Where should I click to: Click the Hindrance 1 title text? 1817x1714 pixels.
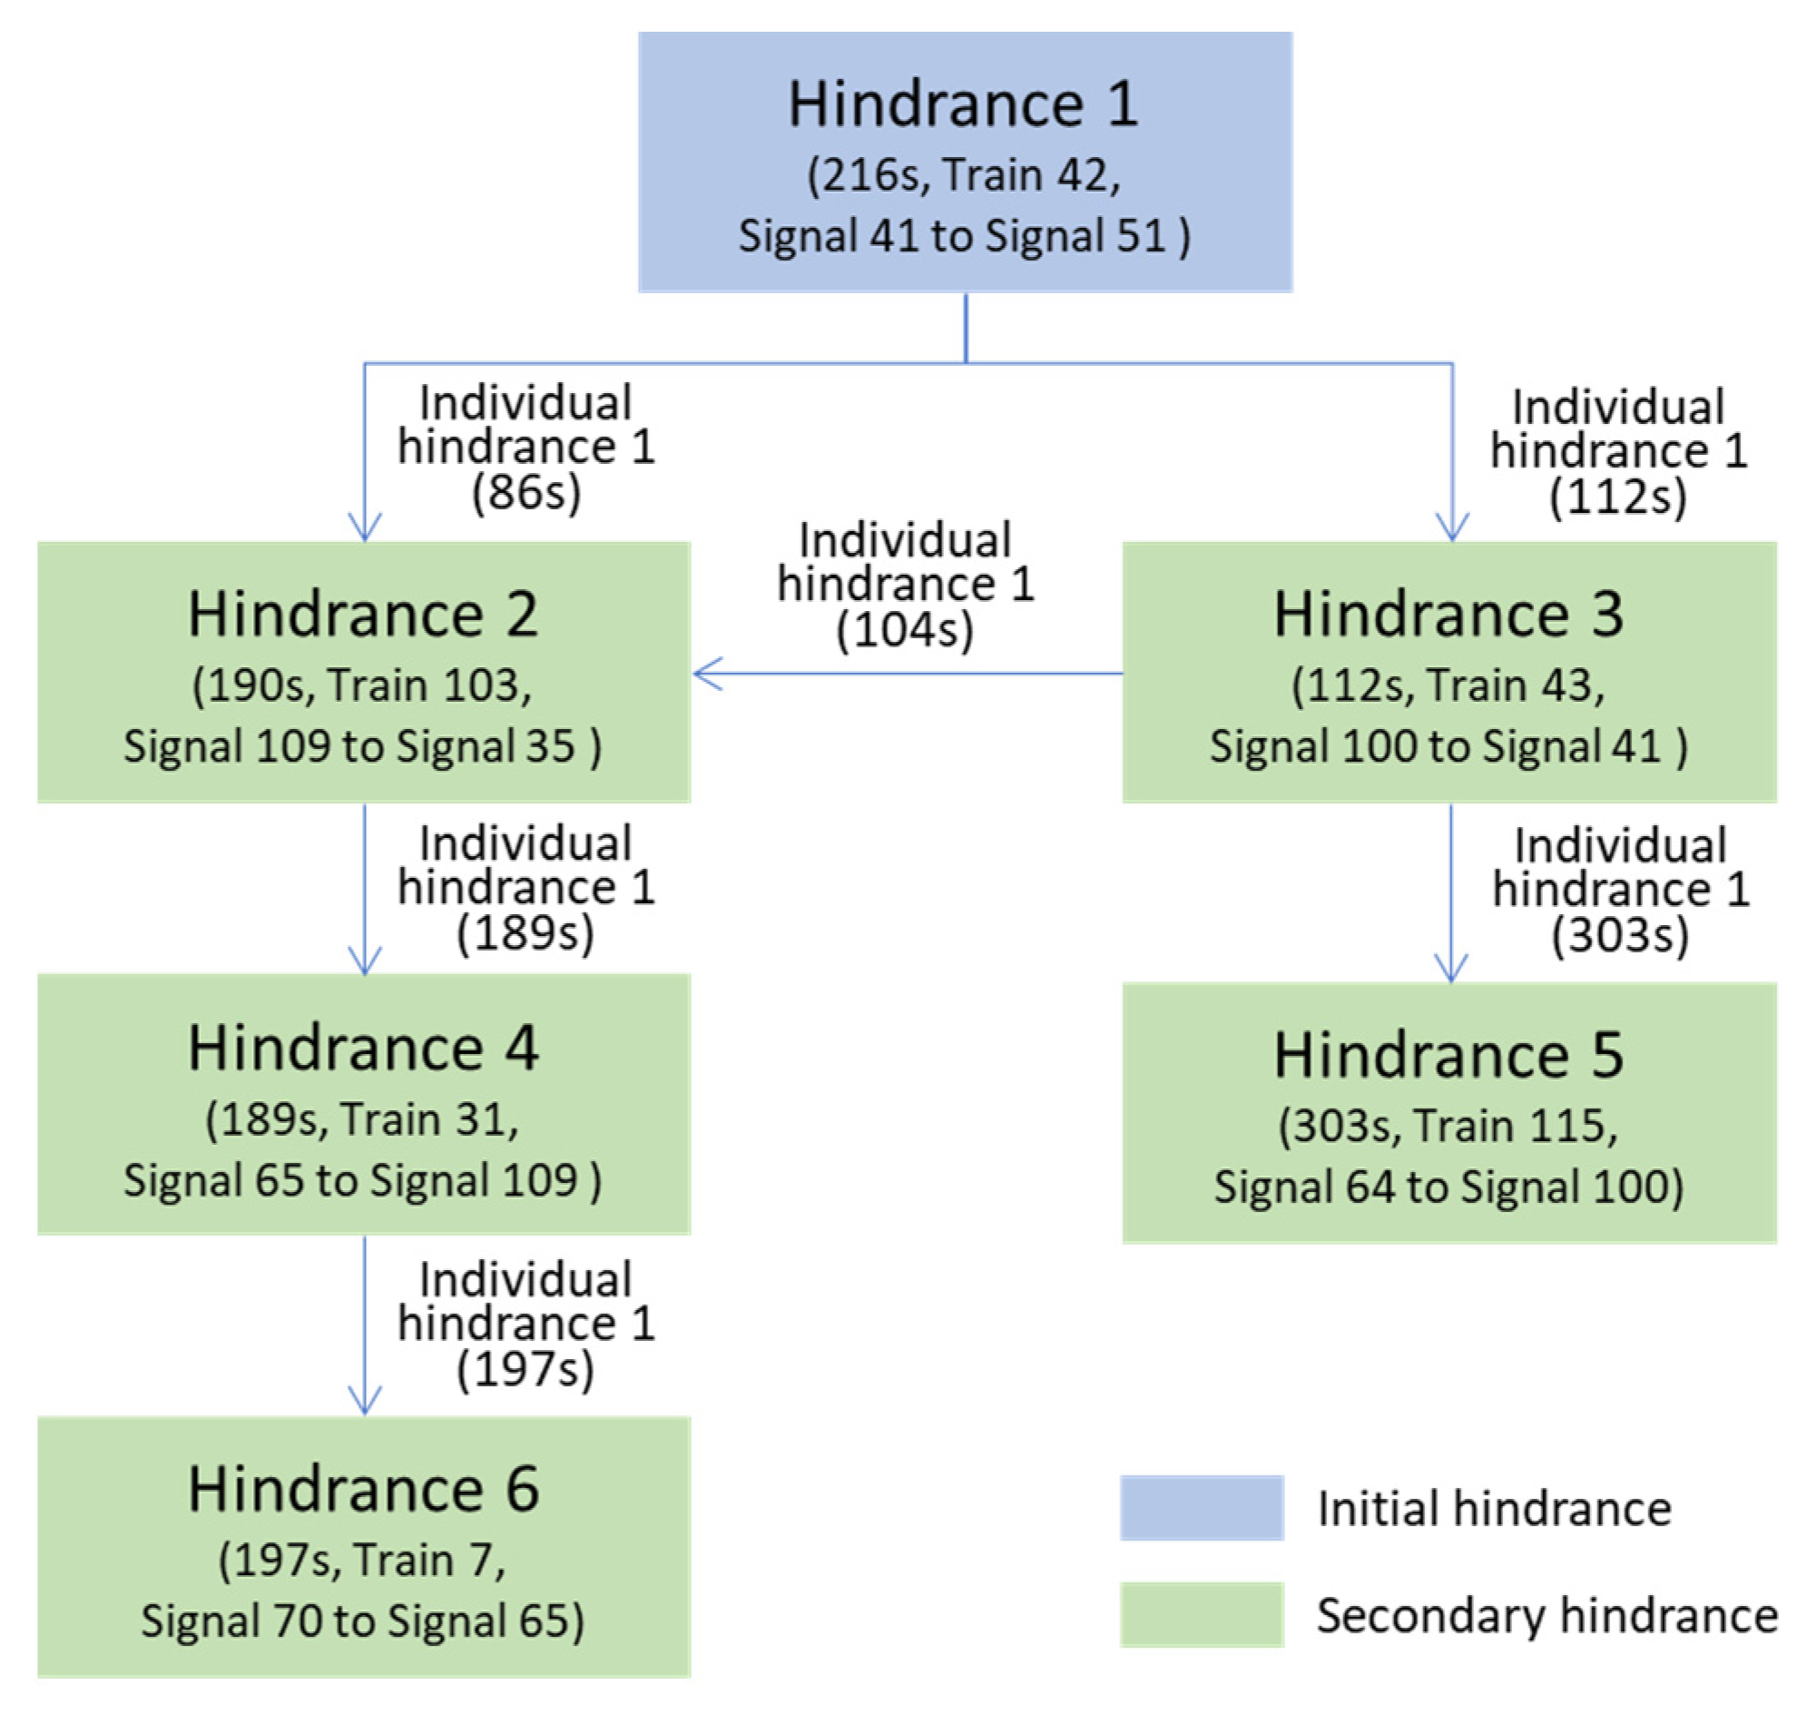(x=963, y=104)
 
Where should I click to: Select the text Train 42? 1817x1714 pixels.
(x=1031, y=174)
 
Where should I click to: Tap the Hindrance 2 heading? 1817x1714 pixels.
(x=363, y=615)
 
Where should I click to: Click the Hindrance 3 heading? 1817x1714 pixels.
(x=1449, y=615)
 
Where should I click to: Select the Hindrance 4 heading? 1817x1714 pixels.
(x=363, y=1048)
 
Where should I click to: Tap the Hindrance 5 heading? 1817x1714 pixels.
(x=1449, y=1056)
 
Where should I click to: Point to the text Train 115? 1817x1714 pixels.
(x=1515, y=1126)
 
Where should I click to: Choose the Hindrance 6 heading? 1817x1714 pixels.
(x=363, y=1489)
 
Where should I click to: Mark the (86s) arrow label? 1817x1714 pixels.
(x=525, y=494)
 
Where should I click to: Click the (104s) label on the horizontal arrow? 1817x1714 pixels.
(x=905, y=631)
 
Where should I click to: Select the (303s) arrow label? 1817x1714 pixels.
(x=1619, y=936)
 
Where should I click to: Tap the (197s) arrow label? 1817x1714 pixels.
(x=525, y=1369)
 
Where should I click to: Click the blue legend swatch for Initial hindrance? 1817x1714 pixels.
(x=1201, y=1507)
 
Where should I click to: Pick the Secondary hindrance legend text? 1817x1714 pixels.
(x=1547, y=1615)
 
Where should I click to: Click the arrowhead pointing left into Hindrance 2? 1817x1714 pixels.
(x=705, y=674)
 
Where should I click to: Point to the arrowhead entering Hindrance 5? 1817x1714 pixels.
(x=1450, y=970)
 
